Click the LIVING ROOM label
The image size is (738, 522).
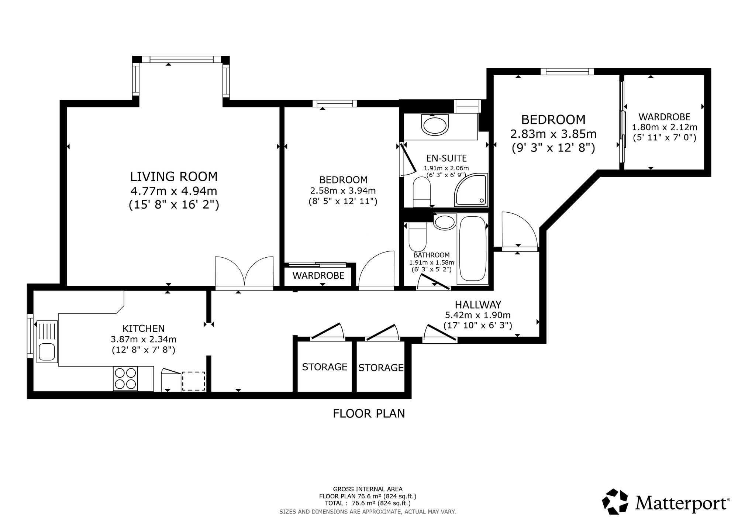[174, 176]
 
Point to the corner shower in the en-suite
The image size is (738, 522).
[471, 190]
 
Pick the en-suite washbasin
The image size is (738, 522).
[435, 125]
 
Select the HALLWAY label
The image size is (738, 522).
[478, 305]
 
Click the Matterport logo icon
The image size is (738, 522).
[615, 501]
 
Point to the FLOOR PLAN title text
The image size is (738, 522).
[369, 413]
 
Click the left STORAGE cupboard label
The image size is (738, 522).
[325, 367]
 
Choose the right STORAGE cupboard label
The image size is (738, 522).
[381, 368]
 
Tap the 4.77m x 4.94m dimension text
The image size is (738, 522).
[174, 191]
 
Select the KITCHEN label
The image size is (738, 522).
[144, 328]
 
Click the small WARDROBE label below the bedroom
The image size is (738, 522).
[318, 275]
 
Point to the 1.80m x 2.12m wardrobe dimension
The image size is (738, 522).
[665, 127]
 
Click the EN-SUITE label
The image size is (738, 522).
[446, 158]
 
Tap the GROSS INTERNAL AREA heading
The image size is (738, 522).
[368, 489]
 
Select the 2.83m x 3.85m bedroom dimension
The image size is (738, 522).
[553, 133]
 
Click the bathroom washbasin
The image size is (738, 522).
[445, 222]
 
